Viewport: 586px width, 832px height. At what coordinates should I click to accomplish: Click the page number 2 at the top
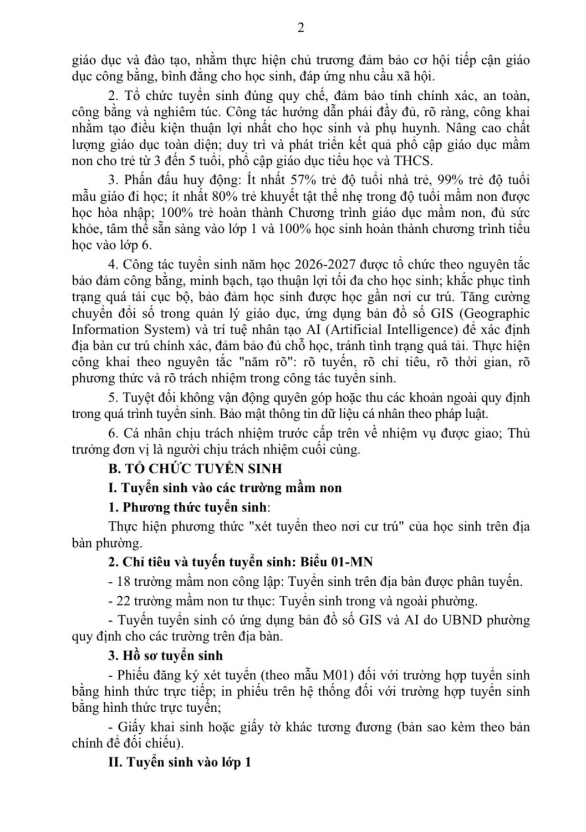pos(300,28)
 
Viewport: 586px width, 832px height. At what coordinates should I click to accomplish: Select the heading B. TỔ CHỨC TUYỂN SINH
pos(195,469)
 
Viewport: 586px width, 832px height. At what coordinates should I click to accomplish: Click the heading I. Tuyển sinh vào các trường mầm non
pos(225,488)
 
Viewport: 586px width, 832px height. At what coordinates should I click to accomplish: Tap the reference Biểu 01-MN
pos(337,562)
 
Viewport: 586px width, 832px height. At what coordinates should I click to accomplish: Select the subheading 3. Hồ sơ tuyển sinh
pos(165,656)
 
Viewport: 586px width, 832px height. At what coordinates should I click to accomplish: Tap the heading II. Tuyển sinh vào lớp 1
pos(180,762)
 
